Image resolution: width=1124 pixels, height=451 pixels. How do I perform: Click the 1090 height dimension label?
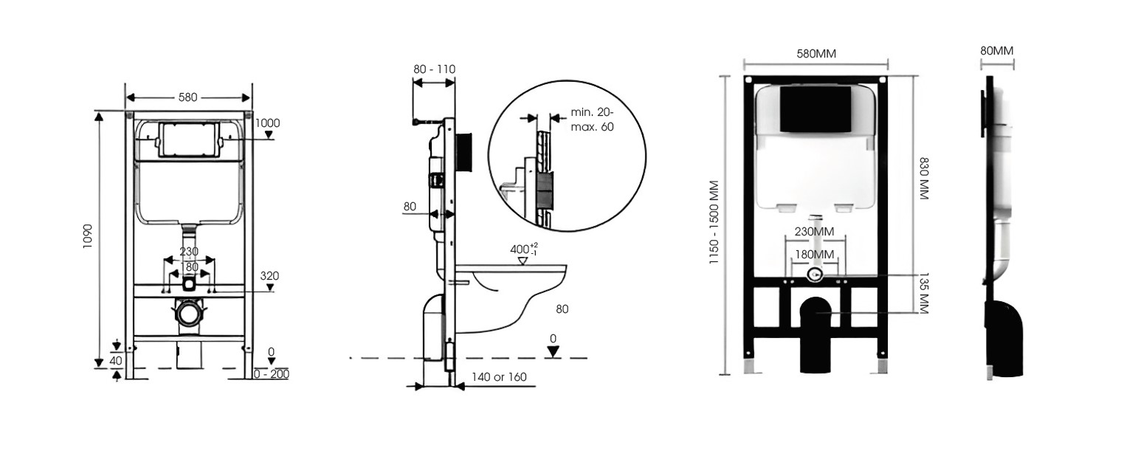pos(87,235)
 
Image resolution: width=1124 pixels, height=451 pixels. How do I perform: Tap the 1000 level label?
pos(267,123)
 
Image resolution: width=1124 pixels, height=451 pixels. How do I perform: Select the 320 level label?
pos(269,275)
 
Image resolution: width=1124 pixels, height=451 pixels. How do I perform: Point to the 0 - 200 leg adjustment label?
pos(272,373)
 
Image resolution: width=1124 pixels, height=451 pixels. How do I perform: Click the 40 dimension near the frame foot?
pos(116,360)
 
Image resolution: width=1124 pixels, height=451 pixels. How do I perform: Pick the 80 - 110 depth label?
pos(434,69)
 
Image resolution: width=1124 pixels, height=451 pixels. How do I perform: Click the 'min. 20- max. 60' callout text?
pos(592,120)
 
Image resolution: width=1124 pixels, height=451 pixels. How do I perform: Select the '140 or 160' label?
pos(500,376)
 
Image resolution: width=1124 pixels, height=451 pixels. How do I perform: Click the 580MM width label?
pos(816,54)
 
